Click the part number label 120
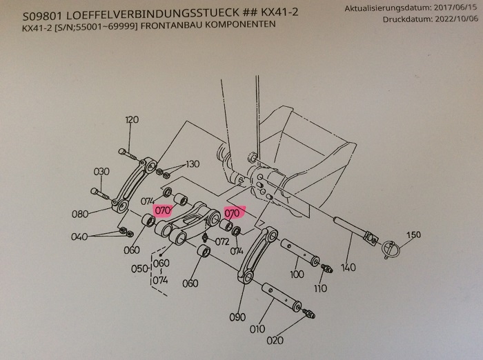point(132,120)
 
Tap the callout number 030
point(101,172)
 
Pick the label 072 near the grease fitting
point(221,242)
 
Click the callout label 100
point(297,274)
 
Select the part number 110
point(319,289)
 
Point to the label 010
point(257,329)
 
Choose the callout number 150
point(413,235)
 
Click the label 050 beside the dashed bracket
point(139,268)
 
